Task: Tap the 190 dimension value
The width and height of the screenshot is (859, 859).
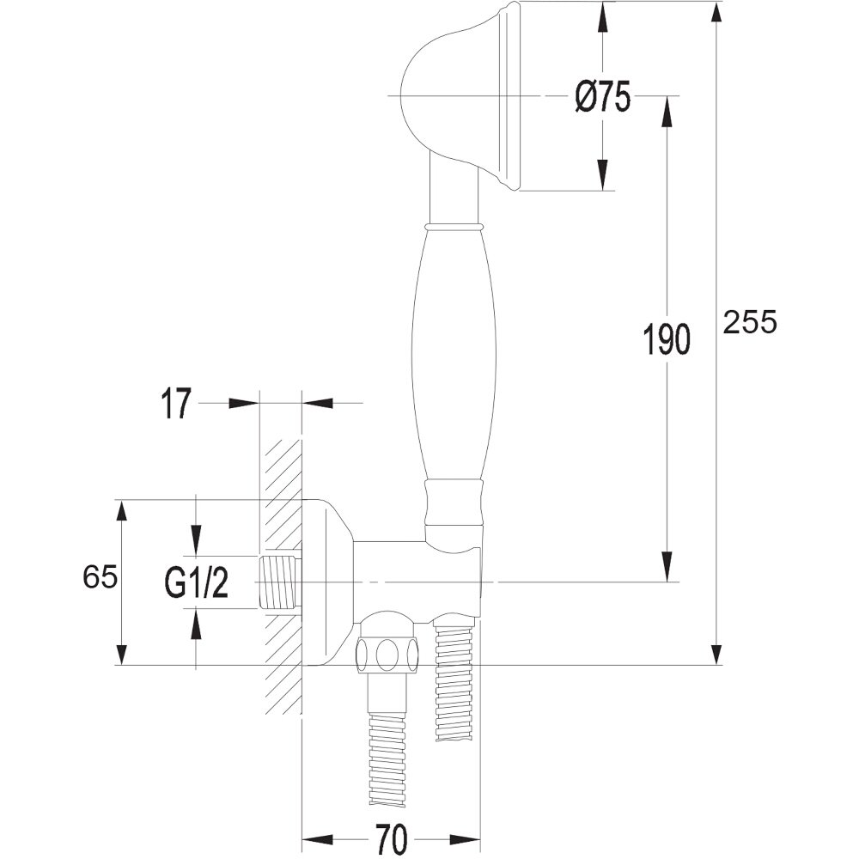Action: [x=667, y=339]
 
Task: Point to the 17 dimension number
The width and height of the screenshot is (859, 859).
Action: [x=176, y=405]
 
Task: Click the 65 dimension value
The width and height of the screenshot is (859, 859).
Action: [x=100, y=577]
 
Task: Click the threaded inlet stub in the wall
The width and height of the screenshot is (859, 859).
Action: [x=281, y=582]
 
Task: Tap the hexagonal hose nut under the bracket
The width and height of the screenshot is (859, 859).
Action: [x=389, y=655]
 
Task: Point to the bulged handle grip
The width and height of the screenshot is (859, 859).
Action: [x=453, y=352]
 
